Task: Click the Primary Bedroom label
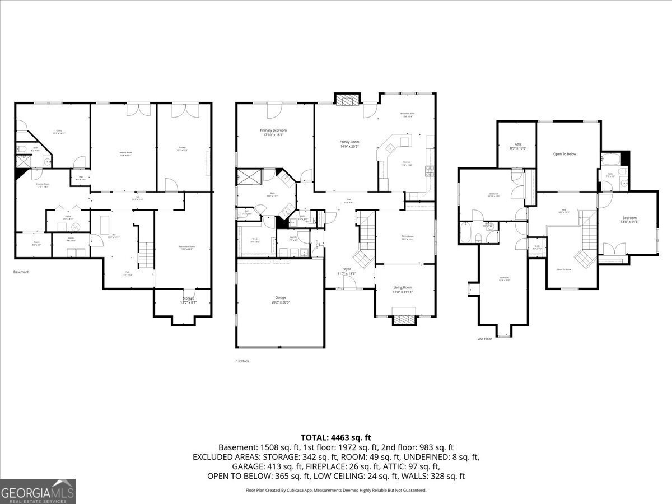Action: [273, 132]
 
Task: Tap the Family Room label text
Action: [349, 144]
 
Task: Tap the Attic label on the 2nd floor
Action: [517, 146]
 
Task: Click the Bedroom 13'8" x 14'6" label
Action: [629, 220]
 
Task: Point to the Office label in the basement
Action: [59, 132]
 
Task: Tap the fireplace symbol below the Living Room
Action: [404, 319]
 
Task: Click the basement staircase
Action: [146, 255]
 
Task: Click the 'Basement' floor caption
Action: [21, 272]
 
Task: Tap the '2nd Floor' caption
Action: [484, 339]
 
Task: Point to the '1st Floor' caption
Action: [242, 361]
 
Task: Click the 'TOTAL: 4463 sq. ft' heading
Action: [335, 437]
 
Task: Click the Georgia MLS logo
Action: [38, 491]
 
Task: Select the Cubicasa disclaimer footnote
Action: [335, 490]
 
